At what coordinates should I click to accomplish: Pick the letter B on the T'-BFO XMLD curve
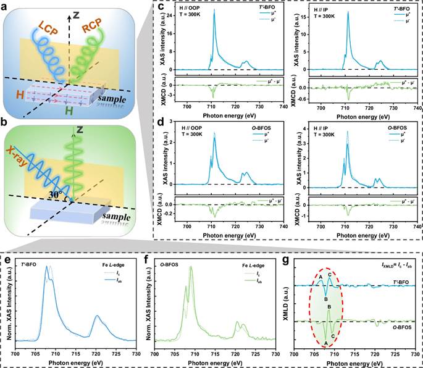pos(326,298)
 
